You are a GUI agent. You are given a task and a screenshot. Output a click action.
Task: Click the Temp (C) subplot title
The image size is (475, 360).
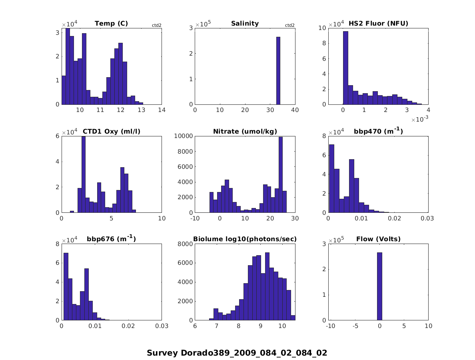coord(111,24)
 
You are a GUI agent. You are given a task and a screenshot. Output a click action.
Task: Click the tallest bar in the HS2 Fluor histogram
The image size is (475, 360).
coord(345,68)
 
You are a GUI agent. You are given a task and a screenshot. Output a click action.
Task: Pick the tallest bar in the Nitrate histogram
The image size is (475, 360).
coord(281,175)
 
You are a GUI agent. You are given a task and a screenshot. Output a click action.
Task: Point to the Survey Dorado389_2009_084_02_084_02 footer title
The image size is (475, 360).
coord(237,353)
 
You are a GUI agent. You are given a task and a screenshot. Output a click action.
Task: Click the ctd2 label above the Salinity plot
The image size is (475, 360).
coord(289,26)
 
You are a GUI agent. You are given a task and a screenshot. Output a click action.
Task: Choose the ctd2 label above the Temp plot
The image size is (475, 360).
coord(156,26)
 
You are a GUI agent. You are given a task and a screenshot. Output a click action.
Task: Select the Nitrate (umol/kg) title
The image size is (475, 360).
coord(245,132)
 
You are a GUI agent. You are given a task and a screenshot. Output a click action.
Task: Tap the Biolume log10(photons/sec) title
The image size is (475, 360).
coord(245,239)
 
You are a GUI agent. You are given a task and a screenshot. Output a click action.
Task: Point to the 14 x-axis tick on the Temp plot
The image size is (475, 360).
coord(162,110)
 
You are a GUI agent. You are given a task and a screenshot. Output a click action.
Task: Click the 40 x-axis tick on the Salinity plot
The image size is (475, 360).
coord(295,110)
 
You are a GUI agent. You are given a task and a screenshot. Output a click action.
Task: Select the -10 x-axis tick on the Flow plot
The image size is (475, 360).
coord(330,326)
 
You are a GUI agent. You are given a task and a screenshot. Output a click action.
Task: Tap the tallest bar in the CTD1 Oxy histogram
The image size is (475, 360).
coord(84,174)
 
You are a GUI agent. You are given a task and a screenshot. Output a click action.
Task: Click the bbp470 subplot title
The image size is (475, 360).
coord(378,132)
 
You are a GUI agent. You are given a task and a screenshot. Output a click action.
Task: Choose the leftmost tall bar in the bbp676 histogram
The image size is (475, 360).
coord(66,286)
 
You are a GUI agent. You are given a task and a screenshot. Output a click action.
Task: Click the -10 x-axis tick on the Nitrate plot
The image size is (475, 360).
coord(195,218)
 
